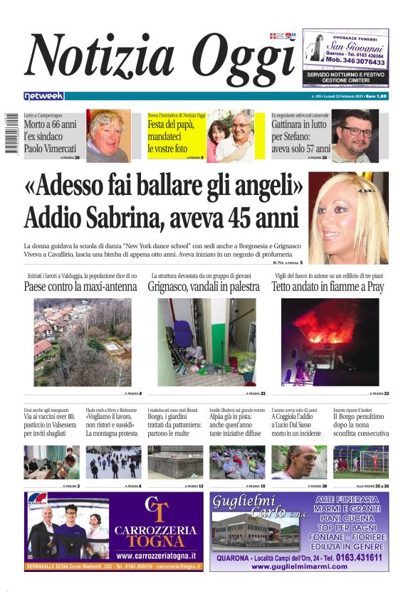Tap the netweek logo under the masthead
(43, 95)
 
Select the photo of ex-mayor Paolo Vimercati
(108, 136)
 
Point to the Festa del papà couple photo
(229, 136)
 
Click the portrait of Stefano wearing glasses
(355, 136)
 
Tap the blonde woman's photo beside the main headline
(349, 218)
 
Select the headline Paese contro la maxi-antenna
(80, 287)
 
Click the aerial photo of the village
(82, 341)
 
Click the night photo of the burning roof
(330, 341)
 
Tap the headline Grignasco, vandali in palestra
(204, 287)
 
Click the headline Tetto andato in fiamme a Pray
(327, 287)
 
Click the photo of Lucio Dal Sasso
(299, 462)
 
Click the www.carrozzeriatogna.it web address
(157, 556)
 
